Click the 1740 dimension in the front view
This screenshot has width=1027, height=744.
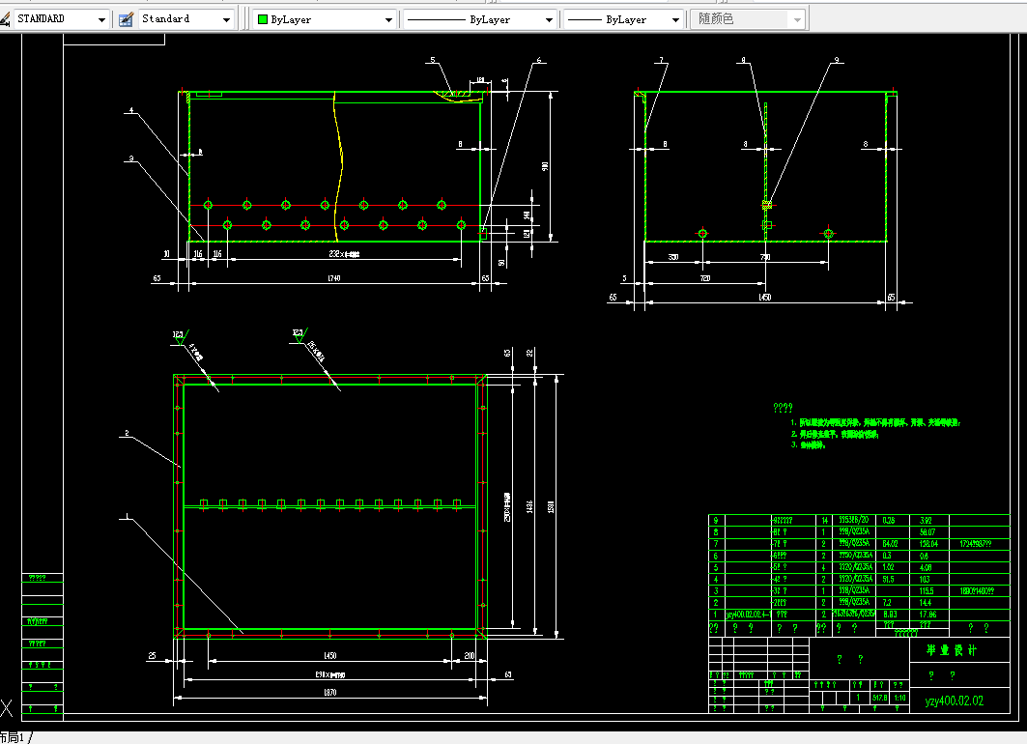point(334,278)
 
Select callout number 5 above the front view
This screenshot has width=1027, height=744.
point(433,61)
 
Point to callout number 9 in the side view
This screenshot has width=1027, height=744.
point(838,61)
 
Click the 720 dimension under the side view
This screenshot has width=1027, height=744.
point(704,277)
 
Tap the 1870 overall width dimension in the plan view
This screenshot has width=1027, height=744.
point(329,693)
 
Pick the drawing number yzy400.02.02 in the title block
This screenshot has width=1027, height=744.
point(954,701)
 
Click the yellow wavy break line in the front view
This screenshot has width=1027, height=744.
point(341,164)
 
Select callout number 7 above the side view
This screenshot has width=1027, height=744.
point(662,61)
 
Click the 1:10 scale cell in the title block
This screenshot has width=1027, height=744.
point(899,698)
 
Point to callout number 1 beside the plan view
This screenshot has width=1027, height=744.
point(125,516)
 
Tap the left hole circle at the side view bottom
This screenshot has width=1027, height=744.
point(703,233)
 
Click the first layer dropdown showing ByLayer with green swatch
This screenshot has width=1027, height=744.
point(325,19)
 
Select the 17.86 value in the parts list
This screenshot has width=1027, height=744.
point(928,614)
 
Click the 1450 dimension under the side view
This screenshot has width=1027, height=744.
point(764,297)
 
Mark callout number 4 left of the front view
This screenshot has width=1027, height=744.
point(130,110)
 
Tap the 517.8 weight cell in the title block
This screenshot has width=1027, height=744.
point(879,698)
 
